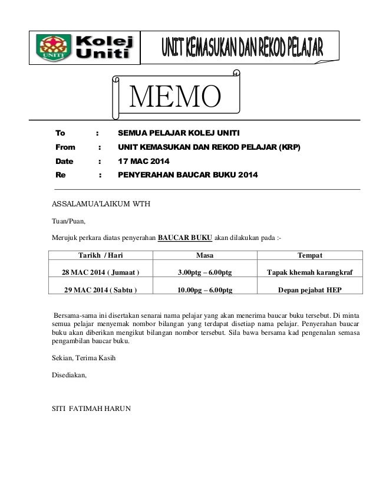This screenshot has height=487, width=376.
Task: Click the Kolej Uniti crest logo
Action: pyautogui.click(x=54, y=47)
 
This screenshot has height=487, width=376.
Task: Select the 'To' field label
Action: pyautogui.click(x=60, y=133)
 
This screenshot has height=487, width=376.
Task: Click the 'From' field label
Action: pyautogui.click(x=65, y=147)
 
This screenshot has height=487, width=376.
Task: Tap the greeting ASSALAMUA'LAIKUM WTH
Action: pyautogui.click(x=101, y=205)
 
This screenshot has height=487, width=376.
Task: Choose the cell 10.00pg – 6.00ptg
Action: pyautogui.click(x=205, y=290)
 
